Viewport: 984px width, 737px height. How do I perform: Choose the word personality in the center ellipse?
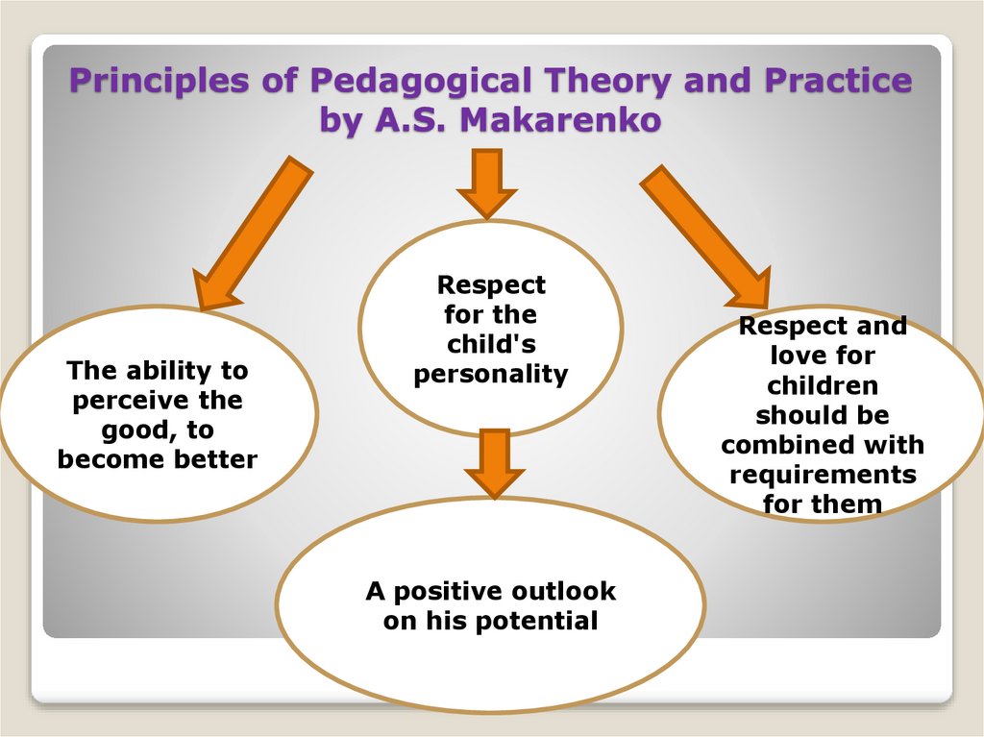tap(491, 375)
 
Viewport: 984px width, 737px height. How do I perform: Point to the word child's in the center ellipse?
tap(491, 345)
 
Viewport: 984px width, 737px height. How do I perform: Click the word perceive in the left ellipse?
tap(130, 401)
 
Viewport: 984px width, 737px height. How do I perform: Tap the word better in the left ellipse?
tap(216, 460)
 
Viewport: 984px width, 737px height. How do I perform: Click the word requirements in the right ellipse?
tap(823, 476)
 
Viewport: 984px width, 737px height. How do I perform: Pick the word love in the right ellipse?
tap(795, 356)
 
